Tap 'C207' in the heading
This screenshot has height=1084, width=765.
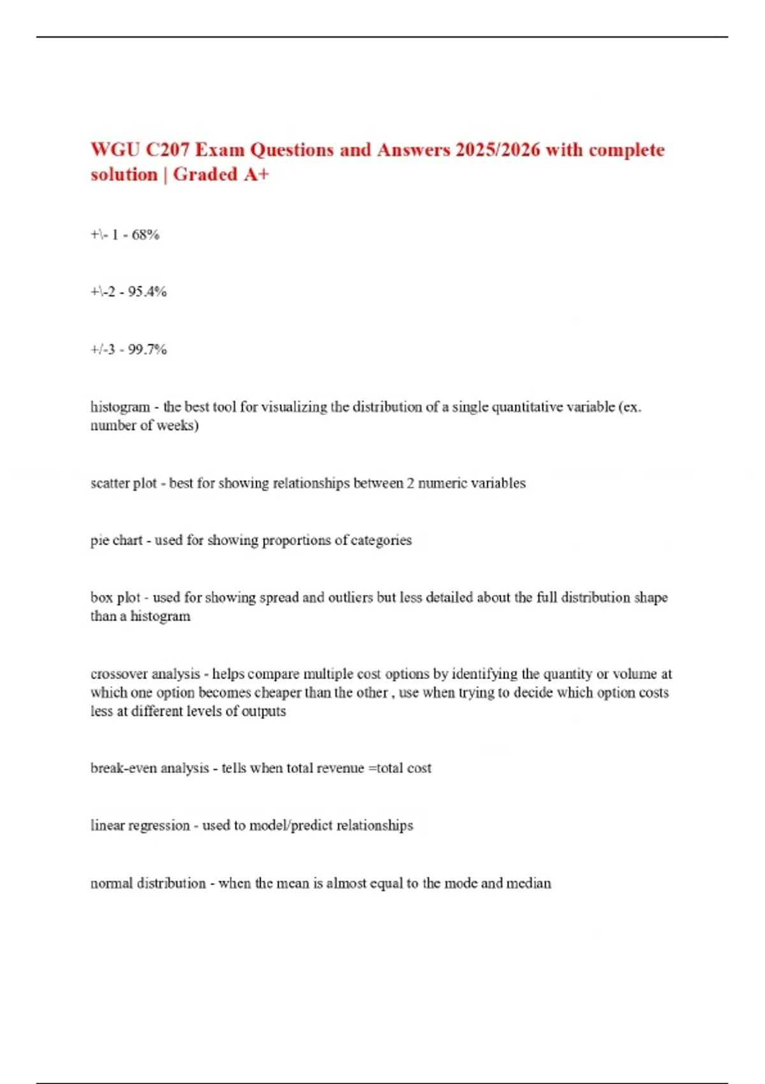[168, 150]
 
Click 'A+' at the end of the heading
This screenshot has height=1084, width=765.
[256, 175]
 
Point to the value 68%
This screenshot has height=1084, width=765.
[145, 235]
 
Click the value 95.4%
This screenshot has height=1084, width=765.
[147, 292]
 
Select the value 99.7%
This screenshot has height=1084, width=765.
[147, 349]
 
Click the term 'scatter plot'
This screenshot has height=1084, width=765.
[123, 483]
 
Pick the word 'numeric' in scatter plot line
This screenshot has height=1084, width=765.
[443, 483]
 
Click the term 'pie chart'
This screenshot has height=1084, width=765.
[116, 540]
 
